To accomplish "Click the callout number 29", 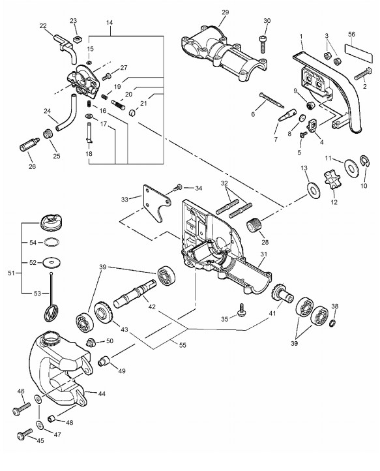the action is (225, 12).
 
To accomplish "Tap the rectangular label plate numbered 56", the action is (358, 53).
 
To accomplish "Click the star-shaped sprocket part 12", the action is (330, 179).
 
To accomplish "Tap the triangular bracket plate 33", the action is (156, 203).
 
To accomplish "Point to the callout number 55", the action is (183, 345).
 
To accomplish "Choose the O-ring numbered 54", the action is (52, 242).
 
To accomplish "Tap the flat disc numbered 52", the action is (52, 262).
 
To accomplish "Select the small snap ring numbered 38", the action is (332, 323).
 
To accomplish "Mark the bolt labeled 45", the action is (25, 434).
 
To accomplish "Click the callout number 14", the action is (110, 23).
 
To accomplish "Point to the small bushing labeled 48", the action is (51, 418).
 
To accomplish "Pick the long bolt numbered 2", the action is (363, 74).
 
